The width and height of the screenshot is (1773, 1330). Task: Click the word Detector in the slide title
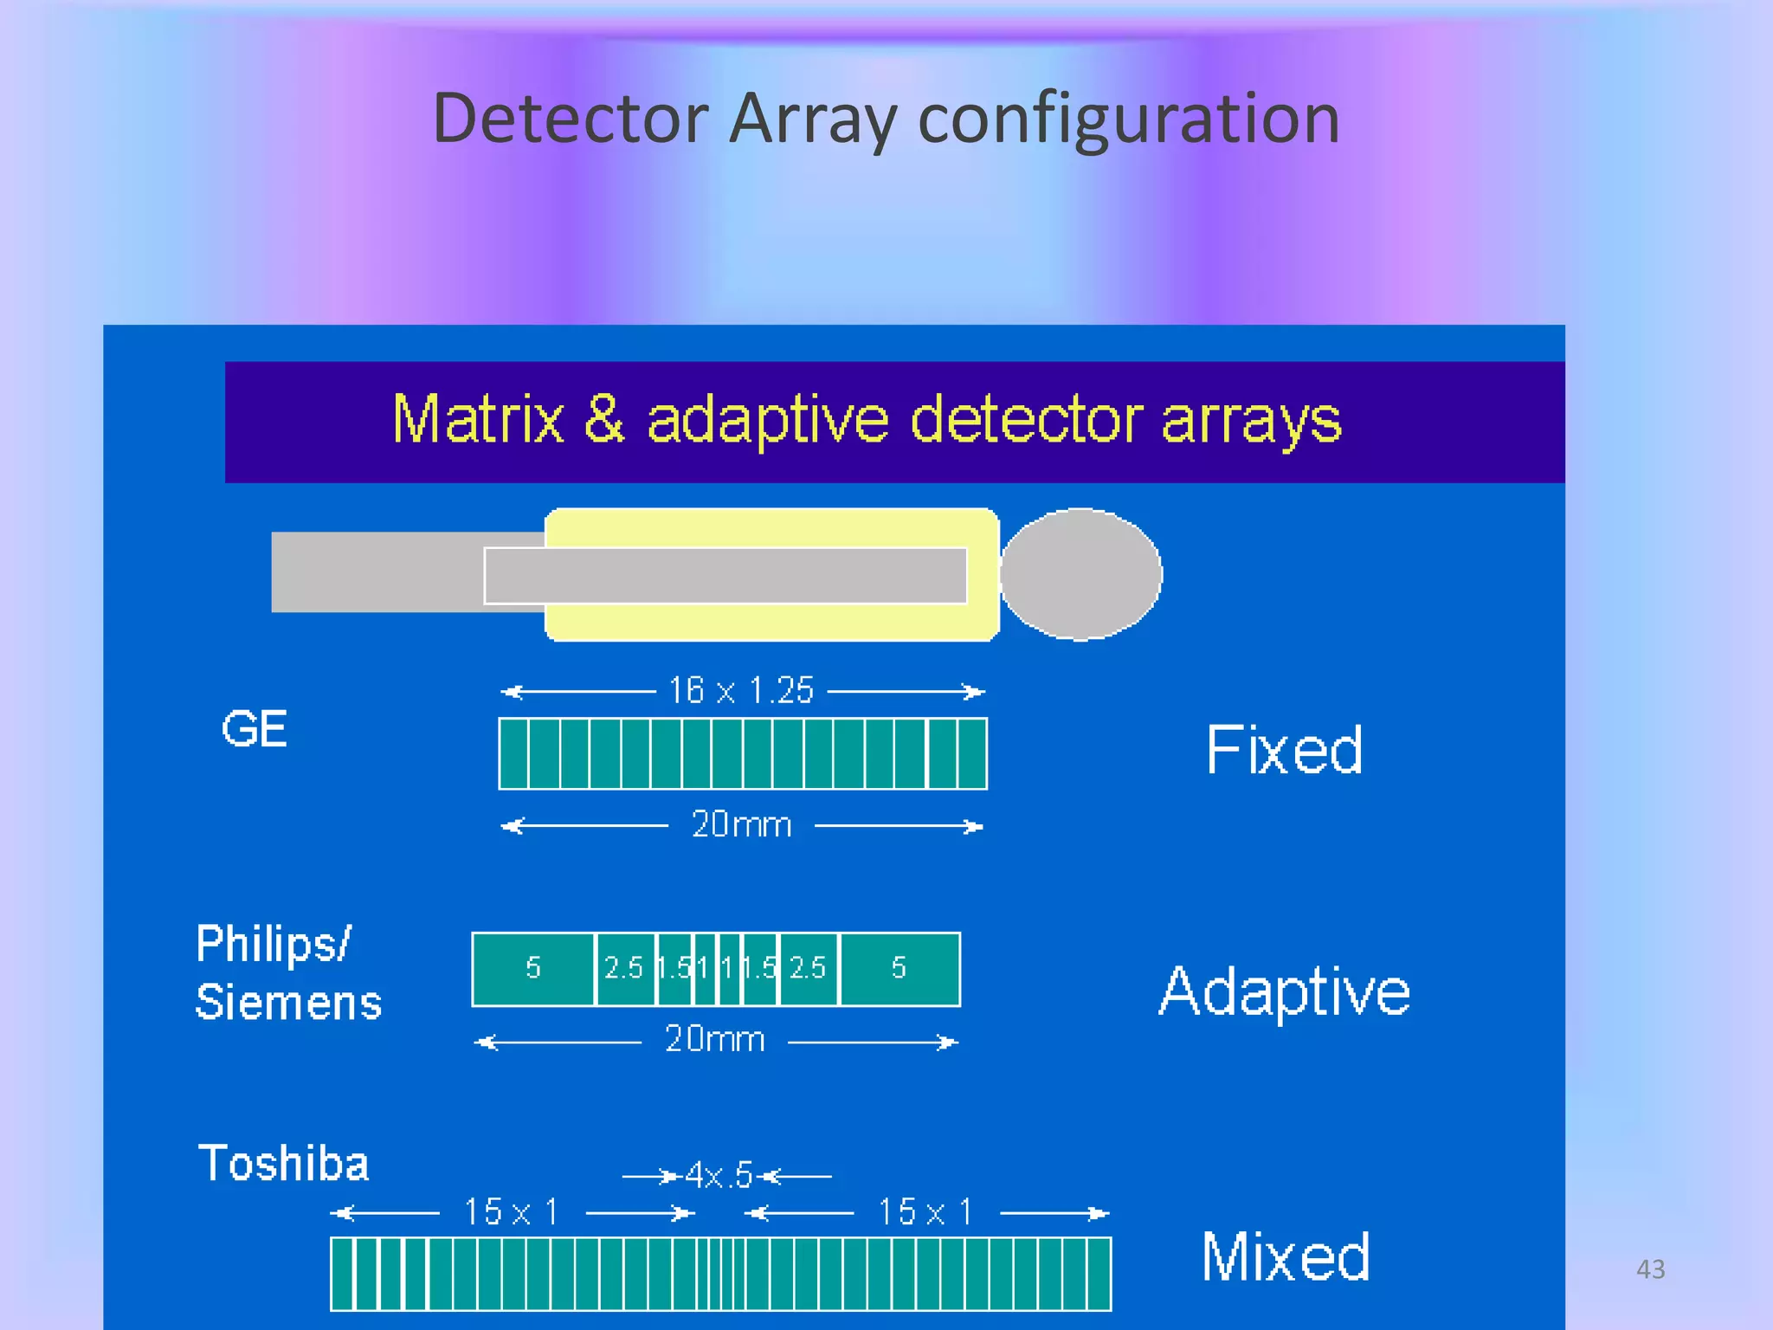[x=571, y=119]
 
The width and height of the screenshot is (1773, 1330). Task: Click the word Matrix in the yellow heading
[x=478, y=421]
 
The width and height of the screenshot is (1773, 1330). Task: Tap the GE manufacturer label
[x=254, y=729]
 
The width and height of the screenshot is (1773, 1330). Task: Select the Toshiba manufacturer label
[x=283, y=1163]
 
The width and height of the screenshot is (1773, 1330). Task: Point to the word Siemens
[x=288, y=1003]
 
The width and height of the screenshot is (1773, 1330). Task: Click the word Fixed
[x=1284, y=750]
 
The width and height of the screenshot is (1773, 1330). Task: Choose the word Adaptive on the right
[x=1285, y=991]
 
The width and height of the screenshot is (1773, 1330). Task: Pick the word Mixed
[x=1286, y=1256]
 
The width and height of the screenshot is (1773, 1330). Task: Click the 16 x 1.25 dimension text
[x=741, y=691]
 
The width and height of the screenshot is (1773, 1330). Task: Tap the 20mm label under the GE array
[x=741, y=824]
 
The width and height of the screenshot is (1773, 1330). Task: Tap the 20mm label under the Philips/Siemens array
[x=714, y=1039]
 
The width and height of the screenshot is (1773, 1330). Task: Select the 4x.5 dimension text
[x=719, y=1176]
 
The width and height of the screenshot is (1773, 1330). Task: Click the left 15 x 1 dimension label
[x=511, y=1212]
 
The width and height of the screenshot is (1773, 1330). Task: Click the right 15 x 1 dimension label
[x=925, y=1212]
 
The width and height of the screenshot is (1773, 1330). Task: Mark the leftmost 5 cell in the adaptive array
[x=533, y=968]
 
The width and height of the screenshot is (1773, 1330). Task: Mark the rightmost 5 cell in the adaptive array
[x=899, y=968]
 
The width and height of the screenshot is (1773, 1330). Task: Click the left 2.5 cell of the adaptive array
[x=623, y=968]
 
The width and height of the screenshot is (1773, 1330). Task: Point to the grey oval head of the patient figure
[x=1080, y=574]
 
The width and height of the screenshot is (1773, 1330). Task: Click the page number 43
[x=1650, y=1269]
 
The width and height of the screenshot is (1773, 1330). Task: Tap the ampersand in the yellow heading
[x=604, y=419]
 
